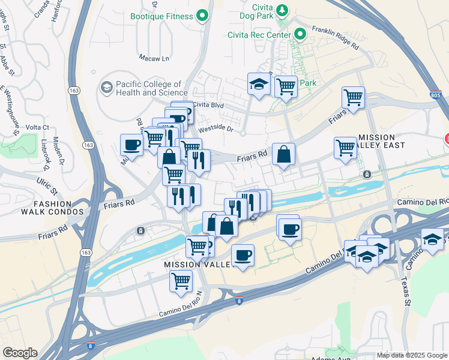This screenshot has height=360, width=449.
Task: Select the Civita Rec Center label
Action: (259, 34)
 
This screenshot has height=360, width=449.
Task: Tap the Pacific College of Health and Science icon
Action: (107, 88)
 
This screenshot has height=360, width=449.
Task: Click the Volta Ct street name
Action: (37, 127)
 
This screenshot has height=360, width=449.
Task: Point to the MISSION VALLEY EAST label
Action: (381, 142)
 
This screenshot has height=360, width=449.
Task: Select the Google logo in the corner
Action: (19, 353)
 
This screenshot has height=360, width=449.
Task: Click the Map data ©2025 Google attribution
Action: (412, 355)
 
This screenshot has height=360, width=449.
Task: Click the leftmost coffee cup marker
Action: (131, 145)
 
